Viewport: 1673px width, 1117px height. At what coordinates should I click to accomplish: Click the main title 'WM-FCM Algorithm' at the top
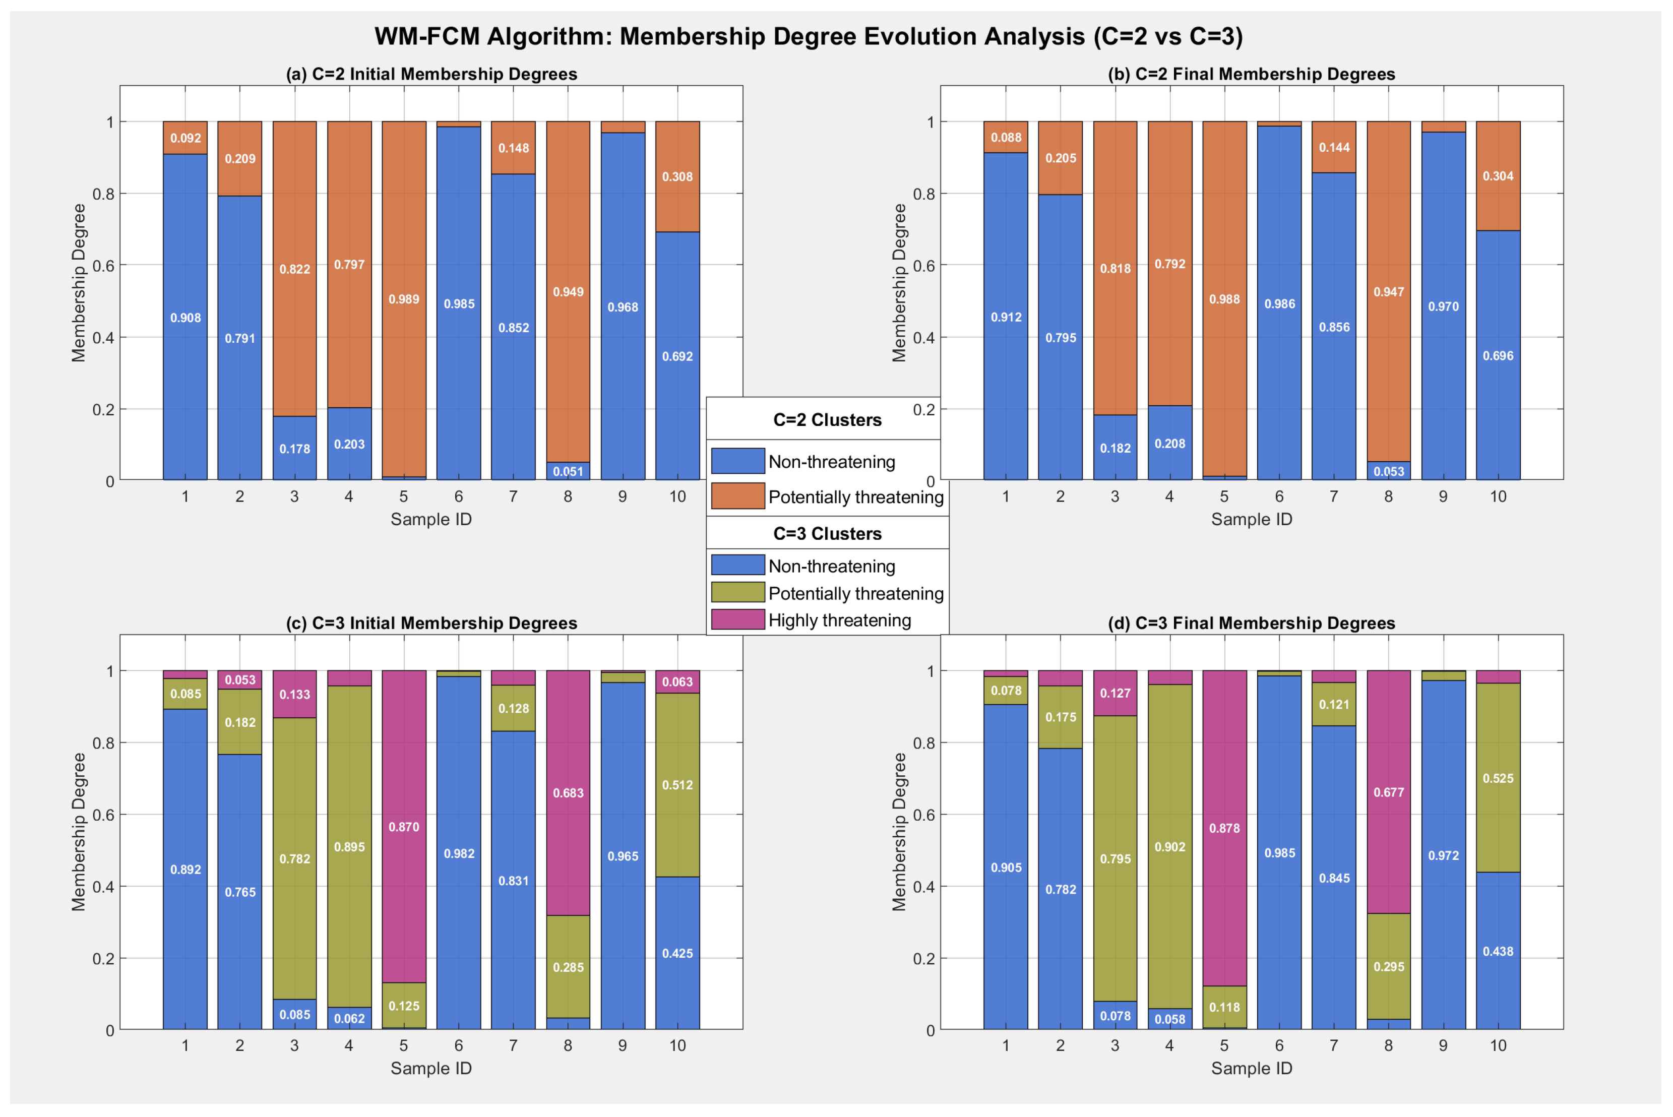[809, 36]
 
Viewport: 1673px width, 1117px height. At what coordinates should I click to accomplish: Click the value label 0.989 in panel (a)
[404, 299]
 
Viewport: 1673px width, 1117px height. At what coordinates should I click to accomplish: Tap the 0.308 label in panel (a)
[677, 176]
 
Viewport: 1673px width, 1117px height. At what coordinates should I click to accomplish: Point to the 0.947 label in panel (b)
[1389, 292]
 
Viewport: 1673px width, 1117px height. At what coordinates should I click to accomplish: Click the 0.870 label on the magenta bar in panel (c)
[404, 827]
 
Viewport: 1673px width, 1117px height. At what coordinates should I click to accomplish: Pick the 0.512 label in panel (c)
[677, 785]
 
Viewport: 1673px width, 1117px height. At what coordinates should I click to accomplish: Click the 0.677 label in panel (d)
[1389, 792]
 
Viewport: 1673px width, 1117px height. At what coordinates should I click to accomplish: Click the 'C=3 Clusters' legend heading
[827, 534]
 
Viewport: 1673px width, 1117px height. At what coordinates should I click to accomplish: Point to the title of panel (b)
[1252, 74]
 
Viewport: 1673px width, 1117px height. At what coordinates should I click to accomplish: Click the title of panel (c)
[431, 624]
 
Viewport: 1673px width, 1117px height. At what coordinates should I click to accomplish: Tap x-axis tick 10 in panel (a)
[677, 497]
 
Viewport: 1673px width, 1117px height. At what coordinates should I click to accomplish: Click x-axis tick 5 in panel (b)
[1224, 497]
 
